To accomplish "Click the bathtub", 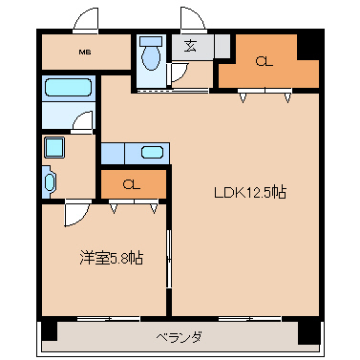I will click(x=66, y=89).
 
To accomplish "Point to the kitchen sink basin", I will click(x=151, y=152).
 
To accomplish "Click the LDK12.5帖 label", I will click(x=249, y=192).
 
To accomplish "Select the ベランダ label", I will click(x=179, y=336).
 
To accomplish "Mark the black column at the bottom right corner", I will click(x=308, y=331).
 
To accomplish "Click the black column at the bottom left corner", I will click(x=47, y=331).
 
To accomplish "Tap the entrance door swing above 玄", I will click(x=193, y=20).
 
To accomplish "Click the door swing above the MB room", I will click(x=87, y=20).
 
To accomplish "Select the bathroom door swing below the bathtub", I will click(x=84, y=120).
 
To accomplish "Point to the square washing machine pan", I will click(x=53, y=148).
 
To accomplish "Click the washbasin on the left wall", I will click(x=49, y=180).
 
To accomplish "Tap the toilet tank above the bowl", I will click(x=149, y=42).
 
